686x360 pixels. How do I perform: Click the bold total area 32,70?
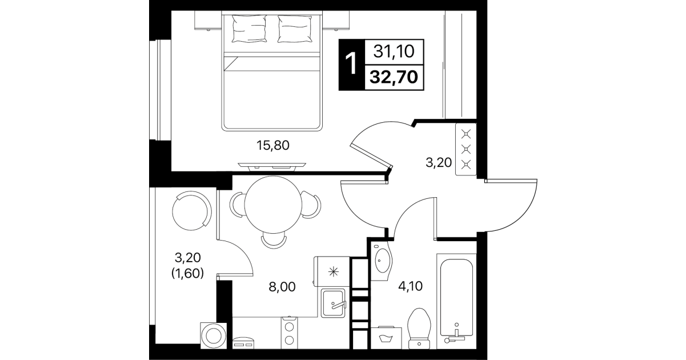(394, 77)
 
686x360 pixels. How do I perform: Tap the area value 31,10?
(394, 51)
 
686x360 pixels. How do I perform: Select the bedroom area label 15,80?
(272, 145)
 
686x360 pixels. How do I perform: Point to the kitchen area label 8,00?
(282, 287)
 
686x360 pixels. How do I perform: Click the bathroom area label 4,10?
(410, 286)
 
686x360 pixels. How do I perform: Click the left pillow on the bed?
(249, 29)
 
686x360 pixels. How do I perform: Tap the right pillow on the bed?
(295, 29)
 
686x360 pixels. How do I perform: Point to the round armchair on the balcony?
(192, 211)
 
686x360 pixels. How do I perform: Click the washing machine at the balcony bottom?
(214, 336)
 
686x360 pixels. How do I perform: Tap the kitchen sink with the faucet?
(333, 303)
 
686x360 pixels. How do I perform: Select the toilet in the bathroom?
(419, 329)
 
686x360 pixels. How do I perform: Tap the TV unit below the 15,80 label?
(272, 166)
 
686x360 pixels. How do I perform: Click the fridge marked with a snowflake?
(332, 272)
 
